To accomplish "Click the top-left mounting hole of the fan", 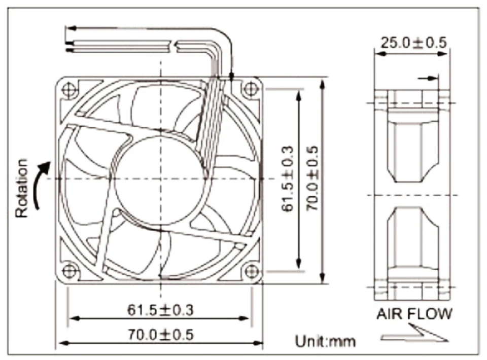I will pyautogui.click(x=69, y=90).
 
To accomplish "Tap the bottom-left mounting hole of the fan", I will pyautogui.click(x=69, y=270).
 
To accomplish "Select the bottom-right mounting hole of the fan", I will pyautogui.click(x=249, y=271).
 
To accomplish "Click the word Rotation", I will pyautogui.click(x=21, y=189).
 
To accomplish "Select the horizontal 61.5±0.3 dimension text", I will pyautogui.click(x=160, y=309).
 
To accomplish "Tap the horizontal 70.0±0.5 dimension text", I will pyautogui.click(x=160, y=335).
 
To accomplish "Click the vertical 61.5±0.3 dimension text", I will pyautogui.click(x=287, y=178).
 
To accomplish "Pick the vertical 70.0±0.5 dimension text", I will pyautogui.click(x=311, y=178).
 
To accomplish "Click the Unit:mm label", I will pyautogui.click(x=326, y=341).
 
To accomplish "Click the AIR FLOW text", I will pyautogui.click(x=413, y=314).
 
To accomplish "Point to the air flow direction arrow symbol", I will pyautogui.click(x=413, y=334).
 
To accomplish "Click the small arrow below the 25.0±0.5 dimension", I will pyautogui.click(x=429, y=79).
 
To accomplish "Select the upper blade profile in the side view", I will pyautogui.click(x=412, y=147).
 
